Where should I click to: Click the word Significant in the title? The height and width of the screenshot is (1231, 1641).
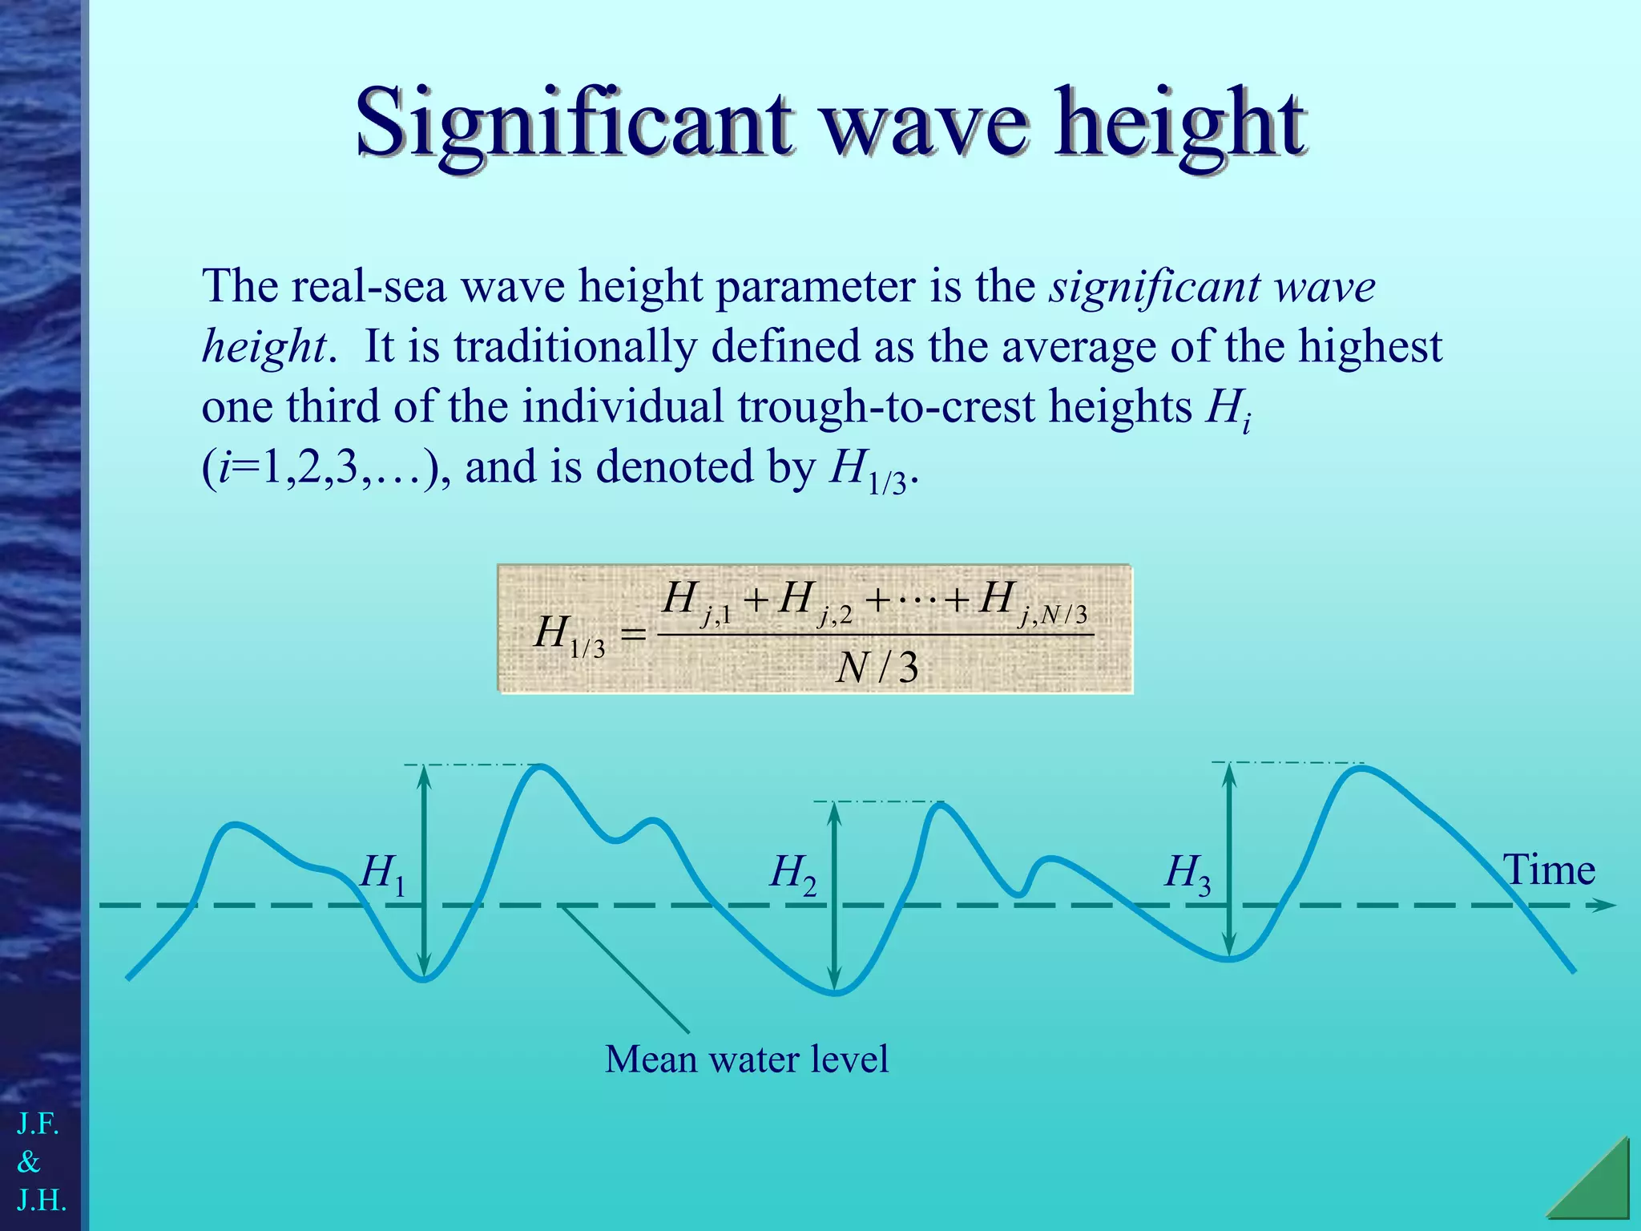[x=574, y=124]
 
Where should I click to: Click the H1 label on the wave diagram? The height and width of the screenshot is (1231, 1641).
[x=383, y=874]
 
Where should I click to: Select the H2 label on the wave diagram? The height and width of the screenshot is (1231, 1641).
[x=792, y=874]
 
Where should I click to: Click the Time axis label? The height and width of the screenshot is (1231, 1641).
[x=1548, y=870]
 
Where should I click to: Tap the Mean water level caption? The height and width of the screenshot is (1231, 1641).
[x=746, y=1059]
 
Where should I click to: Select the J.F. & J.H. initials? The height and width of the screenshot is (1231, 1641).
[x=40, y=1162]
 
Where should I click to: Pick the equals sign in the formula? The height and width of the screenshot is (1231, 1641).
[x=633, y=636]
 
